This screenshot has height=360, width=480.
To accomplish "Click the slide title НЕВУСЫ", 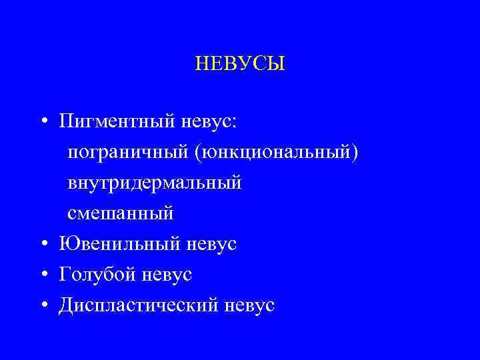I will click(x=240, y=64).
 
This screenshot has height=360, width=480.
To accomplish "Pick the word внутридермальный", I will click(x=155, y=183).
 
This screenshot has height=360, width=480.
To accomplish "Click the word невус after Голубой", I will click(x=167, y=275).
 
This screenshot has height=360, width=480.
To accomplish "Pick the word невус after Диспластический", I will click(x=250, y=305).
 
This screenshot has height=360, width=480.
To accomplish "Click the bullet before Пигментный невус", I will click(x=43, y=122).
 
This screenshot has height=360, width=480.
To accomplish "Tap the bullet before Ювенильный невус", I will click(x=43, y=244).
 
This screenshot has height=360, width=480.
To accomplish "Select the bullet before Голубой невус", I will click(x=43, y=275).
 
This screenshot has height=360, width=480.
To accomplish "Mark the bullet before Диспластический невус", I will click(x=43, y=305).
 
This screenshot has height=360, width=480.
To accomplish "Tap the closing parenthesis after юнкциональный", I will click(x=355, y=153).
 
